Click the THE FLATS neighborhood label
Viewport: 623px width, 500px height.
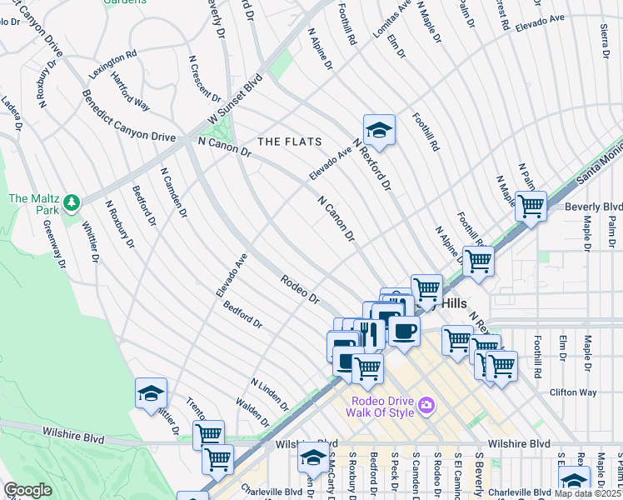[286, 142]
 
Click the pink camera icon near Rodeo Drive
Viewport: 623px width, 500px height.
[427, 405]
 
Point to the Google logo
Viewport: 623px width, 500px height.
[27, 490]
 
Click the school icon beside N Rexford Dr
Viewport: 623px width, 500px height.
[379, 131]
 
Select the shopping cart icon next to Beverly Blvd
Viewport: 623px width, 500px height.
[530, 205]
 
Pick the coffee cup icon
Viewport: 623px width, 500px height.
[404, 331]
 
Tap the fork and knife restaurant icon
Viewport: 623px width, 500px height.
[368, 333]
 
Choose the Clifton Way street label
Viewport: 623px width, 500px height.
[573, 392]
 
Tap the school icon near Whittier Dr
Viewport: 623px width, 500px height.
[151, 393]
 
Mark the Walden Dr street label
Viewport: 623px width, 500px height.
[252, 410]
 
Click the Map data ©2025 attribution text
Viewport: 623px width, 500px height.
[587, 493]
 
